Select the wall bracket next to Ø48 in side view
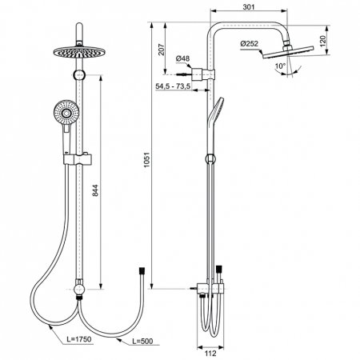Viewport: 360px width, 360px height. click(210, 77)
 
